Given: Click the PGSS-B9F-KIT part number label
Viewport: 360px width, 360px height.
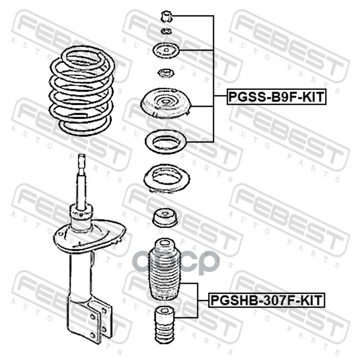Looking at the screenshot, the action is (x=276, y=97).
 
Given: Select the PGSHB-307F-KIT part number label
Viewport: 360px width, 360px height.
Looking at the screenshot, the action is (x=266, y=300).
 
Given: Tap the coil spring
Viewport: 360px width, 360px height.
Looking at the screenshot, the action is (x=82, y=90).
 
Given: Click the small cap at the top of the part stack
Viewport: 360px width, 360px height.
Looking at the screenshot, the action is (x=166, y=17).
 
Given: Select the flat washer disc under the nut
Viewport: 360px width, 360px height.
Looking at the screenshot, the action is (x=166, y=50).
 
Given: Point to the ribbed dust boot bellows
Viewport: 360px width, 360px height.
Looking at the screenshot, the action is (x=165, y=269).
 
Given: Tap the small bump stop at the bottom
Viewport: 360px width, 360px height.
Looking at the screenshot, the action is (x=164, y=324).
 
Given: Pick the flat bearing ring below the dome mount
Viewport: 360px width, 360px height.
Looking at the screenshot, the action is (x=166, y=142).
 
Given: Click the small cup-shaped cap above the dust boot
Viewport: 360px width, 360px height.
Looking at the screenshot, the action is (x=165, y=218).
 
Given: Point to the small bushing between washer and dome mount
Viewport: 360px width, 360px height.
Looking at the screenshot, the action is (x=166, y=73).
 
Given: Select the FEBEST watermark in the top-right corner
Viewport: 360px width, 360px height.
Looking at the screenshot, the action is (x=290, y=46).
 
